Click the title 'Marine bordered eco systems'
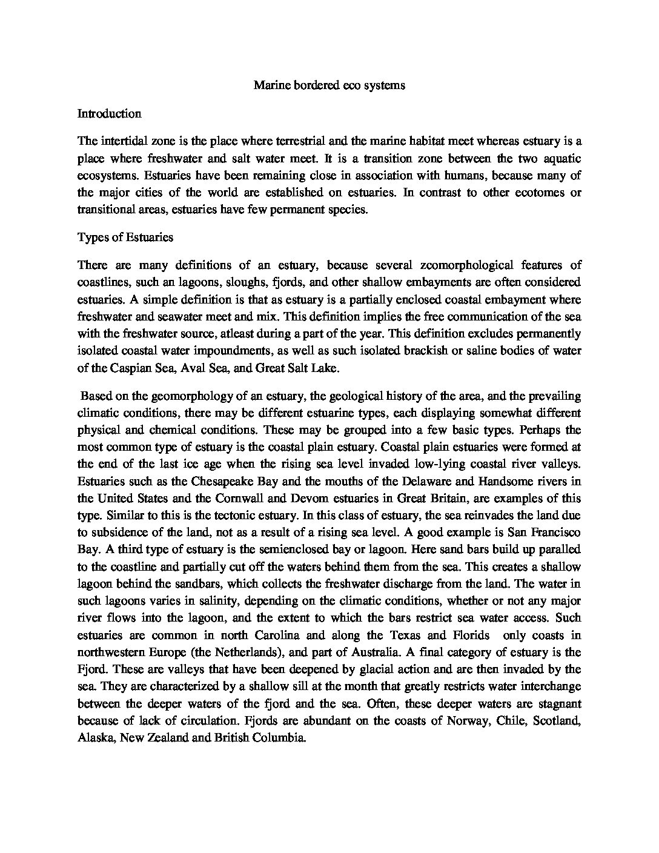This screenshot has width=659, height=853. pyautogui.click(x=329, y=85)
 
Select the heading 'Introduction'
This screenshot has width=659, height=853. pyautogui.click(x=110, y=114)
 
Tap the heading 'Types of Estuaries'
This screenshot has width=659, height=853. pyautogui.click(x=125, y=237)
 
